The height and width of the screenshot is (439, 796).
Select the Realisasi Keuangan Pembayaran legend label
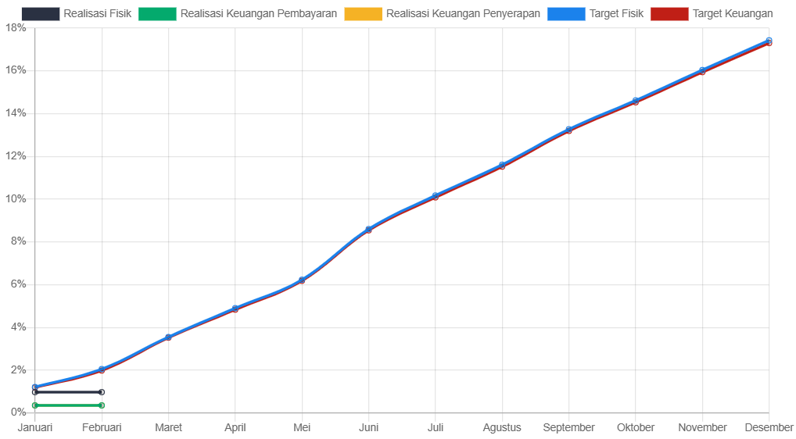pos(258,13)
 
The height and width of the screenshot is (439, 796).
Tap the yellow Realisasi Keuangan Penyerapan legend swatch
pos(363,13)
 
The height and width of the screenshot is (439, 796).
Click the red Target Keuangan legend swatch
pos(669,13)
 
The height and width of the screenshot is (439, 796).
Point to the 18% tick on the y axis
pos(16,27)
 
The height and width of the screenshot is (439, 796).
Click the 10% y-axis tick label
pos(16,198)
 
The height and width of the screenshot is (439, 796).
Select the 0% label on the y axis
pos(18,412)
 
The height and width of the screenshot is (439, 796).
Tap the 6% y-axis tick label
pos(18,284)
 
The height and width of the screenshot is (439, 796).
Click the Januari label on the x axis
pos(35,427)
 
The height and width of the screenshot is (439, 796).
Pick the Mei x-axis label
pos(302,427)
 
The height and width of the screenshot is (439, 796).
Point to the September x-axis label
pos(568,427)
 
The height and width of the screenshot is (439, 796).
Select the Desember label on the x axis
pos(769,427)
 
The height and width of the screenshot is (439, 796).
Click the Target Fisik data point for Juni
pos(368,229)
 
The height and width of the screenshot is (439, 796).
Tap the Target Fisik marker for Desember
pos(769,40)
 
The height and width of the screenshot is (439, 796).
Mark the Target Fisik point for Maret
pos(168,337)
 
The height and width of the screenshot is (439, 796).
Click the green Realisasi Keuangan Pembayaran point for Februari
pos(102,405)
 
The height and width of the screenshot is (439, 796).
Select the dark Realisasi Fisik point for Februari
pos(102,392)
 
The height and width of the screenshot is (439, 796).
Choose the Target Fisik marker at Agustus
pos(502,165)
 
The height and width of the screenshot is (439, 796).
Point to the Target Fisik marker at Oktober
pos(636,101)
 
